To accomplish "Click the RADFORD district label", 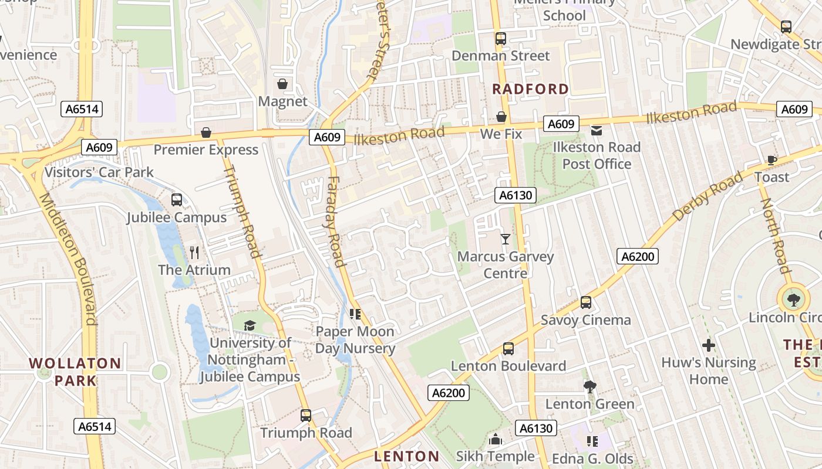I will [x=530, y=89].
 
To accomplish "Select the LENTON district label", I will [x=406, y=456].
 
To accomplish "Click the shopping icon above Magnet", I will [x=282, y=84].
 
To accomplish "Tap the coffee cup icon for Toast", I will [x=772, y=160].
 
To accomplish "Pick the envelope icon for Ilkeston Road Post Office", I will [x=597, y=130].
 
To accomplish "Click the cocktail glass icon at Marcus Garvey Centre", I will [x=505, y=239].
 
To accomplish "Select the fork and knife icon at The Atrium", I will [x=194, y=253].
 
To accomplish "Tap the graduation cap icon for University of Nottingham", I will [x=250, y=325].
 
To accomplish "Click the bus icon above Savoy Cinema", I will [x=585, y=303].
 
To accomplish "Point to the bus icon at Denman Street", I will [x=500, y=39].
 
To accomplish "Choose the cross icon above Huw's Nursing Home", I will [x=708, y=345].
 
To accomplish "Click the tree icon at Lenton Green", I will [x=589, y=386].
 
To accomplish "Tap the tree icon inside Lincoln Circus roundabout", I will [x=793, y=300].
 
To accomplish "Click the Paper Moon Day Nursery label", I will [x=355, y=340].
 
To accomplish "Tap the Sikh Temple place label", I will [x=495, y=456].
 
